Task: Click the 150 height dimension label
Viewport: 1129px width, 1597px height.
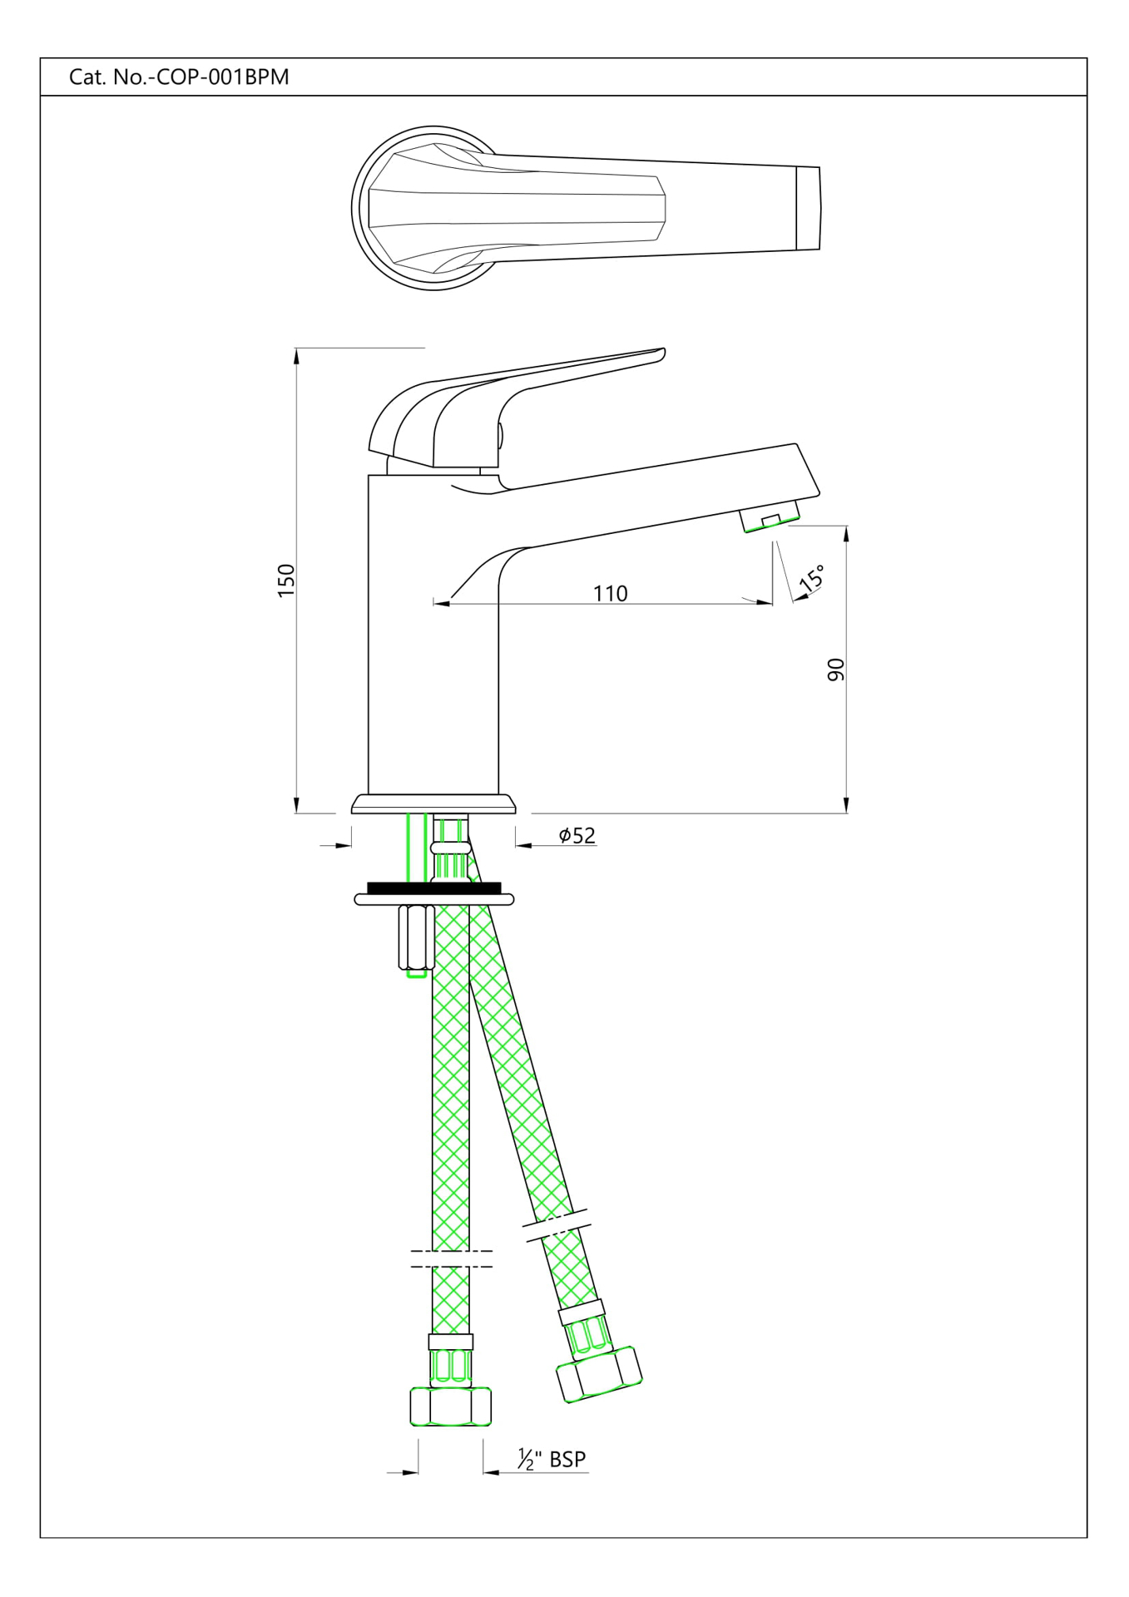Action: pyautogui.click(x=285, y=580)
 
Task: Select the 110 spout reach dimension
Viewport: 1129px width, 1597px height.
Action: pyautogui.click(x=610, y=593)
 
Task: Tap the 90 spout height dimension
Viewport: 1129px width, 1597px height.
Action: pyautogui.click(x=835, y=670)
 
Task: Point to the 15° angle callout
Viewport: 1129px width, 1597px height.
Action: pyautogui.click(x=812, y=577)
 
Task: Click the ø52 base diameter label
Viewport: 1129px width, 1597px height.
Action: pyautogui.click(x=577, y=835)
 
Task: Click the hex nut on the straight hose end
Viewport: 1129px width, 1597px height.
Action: pyautogui.click(x=450, y=1407)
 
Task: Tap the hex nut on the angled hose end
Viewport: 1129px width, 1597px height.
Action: pyautogui.click(x=598, y=1374)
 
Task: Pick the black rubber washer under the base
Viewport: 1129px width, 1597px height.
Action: pyautogui.click(x=433, y=887)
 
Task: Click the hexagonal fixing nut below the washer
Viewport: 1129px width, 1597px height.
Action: pyautogui.click(x=415, y=937)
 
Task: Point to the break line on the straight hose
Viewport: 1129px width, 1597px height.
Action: pyautogui.click(x=451, y=1258)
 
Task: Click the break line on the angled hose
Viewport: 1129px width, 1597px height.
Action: pyautogui.click(x=556, y=1225)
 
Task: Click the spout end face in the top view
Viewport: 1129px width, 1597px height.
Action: pyautogui.click(x=808, y=208)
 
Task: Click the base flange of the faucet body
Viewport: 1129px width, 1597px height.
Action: pyautogui.click(x=433, y=804)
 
